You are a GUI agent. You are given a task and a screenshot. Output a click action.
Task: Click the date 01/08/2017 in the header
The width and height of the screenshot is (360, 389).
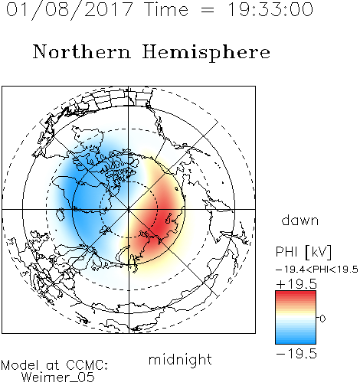click(x=70, y=10)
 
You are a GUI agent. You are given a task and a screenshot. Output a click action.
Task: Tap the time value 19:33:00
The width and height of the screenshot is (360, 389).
click(x=270, y=9)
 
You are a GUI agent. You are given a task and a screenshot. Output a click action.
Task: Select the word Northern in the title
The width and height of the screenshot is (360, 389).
click(x=81, y=51)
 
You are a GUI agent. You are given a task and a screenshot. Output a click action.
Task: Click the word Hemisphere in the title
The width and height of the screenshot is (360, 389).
click(x=206, y=53)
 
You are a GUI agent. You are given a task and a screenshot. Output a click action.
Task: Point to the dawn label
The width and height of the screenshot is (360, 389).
click(x=300, y=220)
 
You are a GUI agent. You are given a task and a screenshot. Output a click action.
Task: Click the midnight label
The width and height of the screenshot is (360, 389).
click(x=180, y=360)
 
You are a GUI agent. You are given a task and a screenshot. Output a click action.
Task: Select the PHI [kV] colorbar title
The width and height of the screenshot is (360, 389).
click(x=303, y=252)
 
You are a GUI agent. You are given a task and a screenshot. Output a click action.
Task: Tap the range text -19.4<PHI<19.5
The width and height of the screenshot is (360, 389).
click(x=317, y=270)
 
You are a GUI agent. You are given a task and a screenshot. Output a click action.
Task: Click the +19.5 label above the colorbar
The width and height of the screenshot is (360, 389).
click(x=296, y=284)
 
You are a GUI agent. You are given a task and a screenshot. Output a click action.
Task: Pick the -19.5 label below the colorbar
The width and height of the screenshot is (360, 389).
click(x=296, y=354)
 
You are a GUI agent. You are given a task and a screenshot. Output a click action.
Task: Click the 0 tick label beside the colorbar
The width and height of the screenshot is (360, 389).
click(x=322, y=319)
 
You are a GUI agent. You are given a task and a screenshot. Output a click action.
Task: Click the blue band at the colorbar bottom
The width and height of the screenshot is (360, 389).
click(x=296, y=341)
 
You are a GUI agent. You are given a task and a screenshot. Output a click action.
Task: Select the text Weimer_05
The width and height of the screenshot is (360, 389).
click(x=58, y=377)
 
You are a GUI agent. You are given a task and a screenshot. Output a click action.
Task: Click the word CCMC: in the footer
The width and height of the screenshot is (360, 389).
click(x=87, y=365)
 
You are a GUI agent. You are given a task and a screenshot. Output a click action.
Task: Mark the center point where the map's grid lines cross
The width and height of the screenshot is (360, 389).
click(x=129, y=209)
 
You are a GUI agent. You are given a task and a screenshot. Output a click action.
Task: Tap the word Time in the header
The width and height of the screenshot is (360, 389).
click(x=166, y=9)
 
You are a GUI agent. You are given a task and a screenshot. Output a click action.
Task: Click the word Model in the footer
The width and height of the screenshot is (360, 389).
click(x=20, y=365)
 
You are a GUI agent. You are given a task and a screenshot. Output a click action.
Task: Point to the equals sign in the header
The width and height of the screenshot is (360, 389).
click(x=208, y=10)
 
